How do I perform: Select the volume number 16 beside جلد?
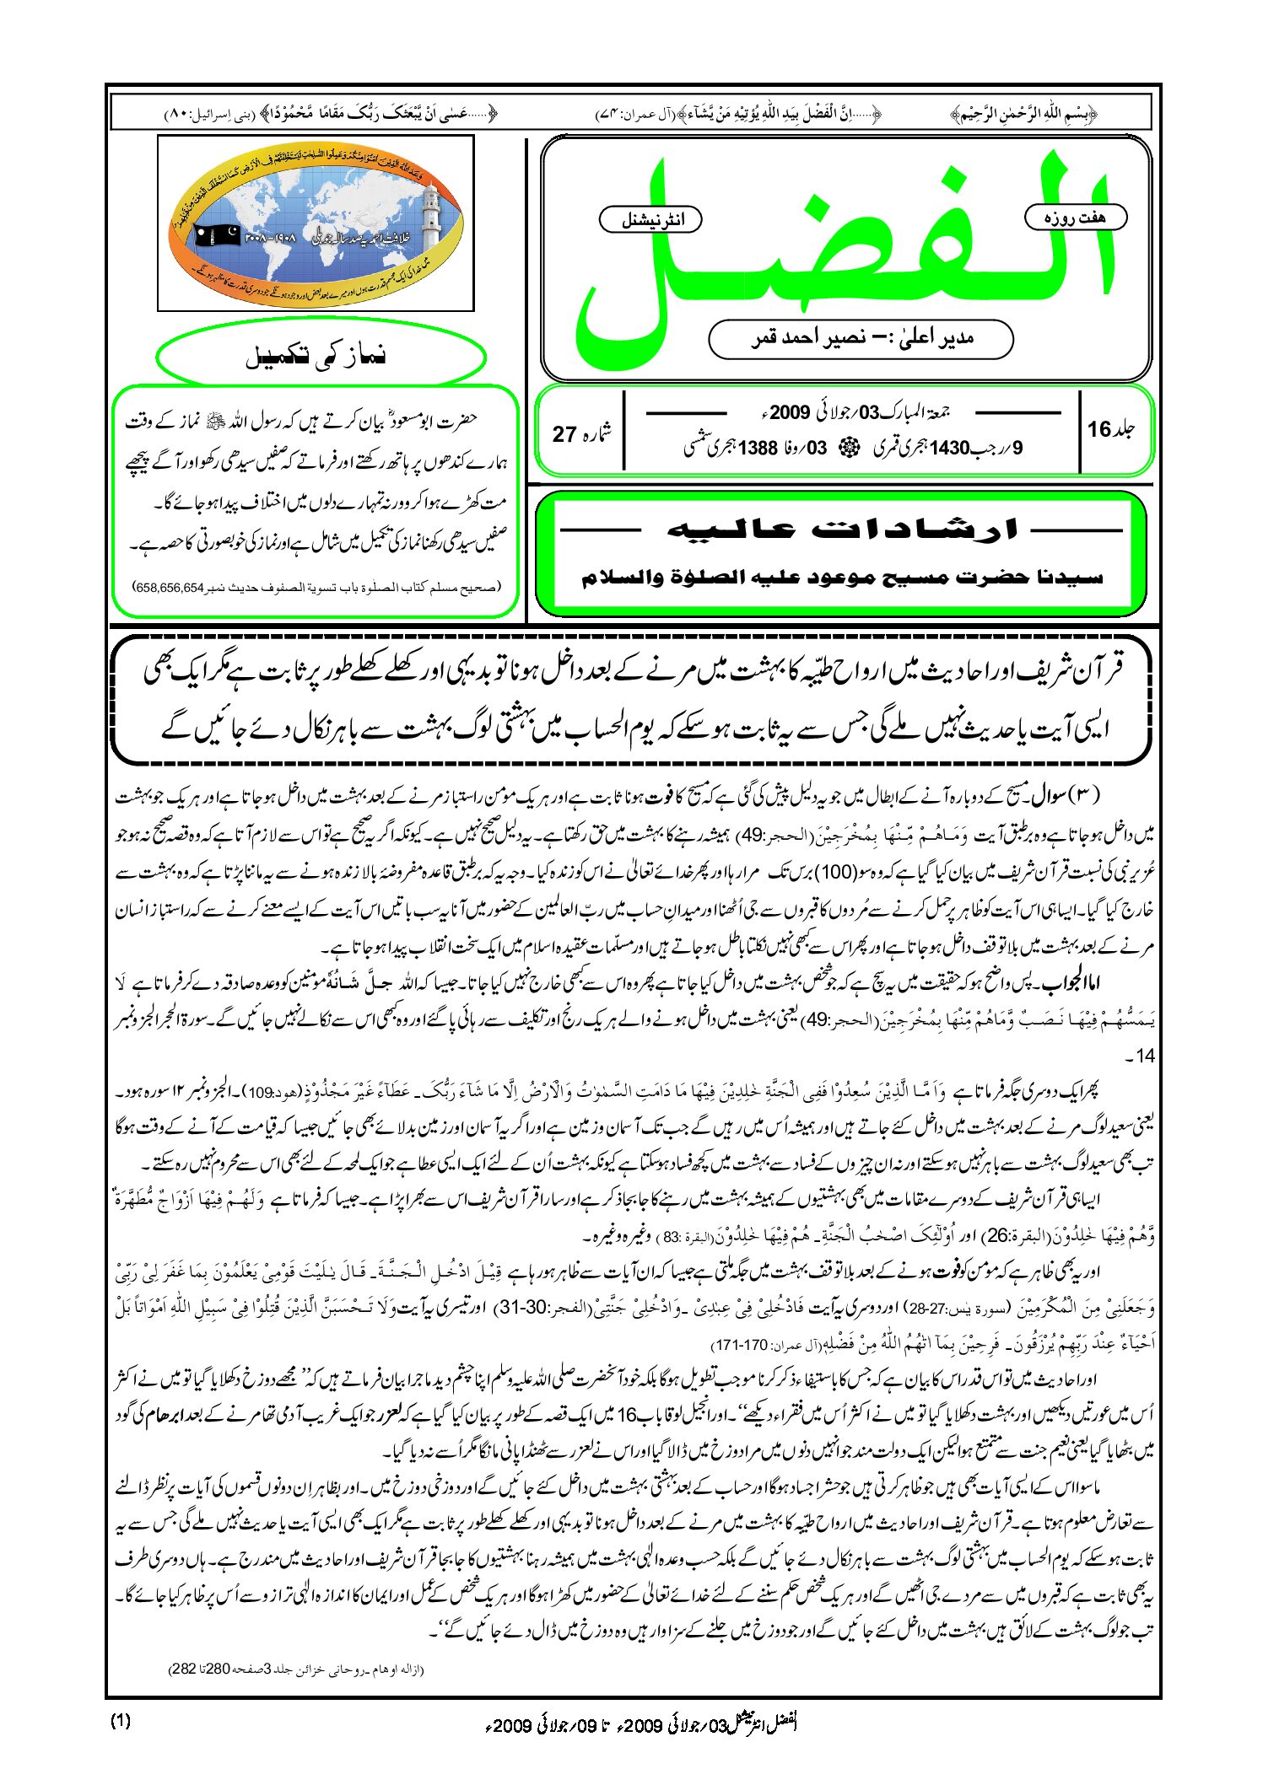1098,429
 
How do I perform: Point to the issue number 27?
564,434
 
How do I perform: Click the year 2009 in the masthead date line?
789,412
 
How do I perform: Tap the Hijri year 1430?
949,449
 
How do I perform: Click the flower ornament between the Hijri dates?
843,449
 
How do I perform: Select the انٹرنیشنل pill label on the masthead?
650,220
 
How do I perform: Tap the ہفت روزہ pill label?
1075,218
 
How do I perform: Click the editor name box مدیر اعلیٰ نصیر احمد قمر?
861,339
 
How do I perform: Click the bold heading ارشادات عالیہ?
842,530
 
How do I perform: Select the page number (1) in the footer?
121,1721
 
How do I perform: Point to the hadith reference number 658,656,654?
169,587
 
